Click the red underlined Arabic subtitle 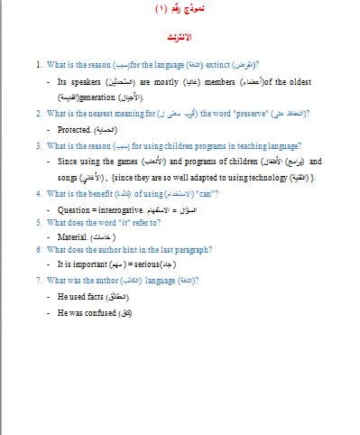click(x=180, y=41)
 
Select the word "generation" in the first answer click(x=100, y=97)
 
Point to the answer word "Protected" click(x=73, y=130)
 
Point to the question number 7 click(x=39, y=281)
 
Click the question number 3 click(x=39, y=145)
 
